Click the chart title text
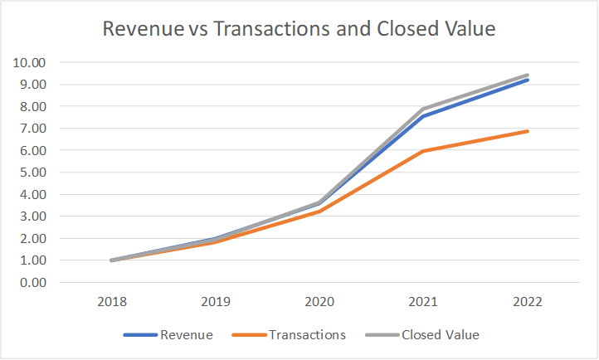(x=299, y=28)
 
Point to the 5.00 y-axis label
(x=32, y=173)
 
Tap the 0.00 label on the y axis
(x=32, y=283)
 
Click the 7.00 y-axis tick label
(x=32, y=129)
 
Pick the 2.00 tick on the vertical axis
(x=32, y=239)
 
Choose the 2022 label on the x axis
(x=527, y=302)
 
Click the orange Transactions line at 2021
(x=422, y=151)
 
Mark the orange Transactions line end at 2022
(x=527, y=131)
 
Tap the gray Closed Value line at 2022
(x=527, y=75)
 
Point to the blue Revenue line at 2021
(x=422, y=116)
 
